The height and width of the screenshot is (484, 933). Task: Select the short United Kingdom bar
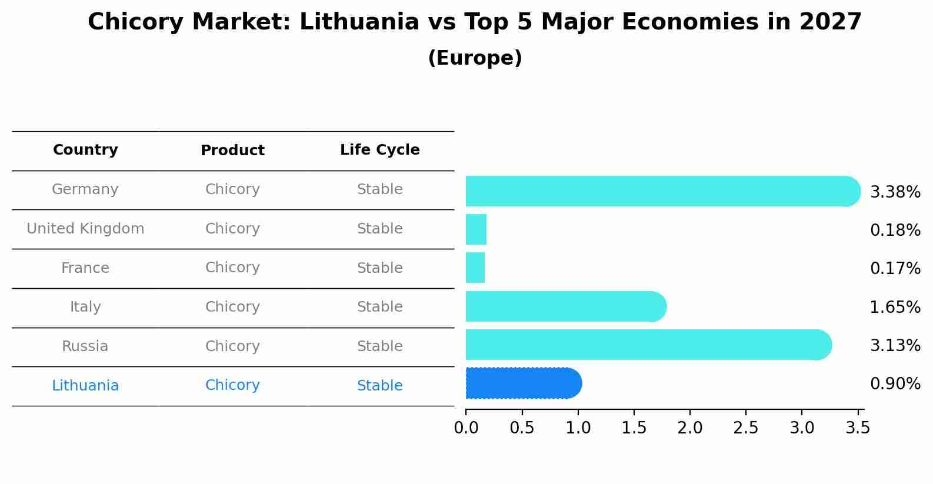pos(476,229)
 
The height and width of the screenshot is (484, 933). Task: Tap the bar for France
pos(475,268)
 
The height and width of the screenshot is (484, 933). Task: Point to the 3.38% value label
pos(895,192)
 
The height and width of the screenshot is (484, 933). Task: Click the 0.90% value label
pos(895,384)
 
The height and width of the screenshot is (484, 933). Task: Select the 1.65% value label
pos(895,307)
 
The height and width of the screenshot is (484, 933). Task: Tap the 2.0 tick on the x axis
pos(690,428)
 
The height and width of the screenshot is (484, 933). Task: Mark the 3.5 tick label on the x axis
pos(858,428)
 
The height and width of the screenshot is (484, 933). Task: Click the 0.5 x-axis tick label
pos(522,428)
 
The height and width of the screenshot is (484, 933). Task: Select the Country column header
pos(85,150)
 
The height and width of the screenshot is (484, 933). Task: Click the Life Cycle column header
pos(380,150)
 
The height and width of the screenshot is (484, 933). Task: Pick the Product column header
pos(232,151)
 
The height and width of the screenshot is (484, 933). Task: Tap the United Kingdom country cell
pos(85,229)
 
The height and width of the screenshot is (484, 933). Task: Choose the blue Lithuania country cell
pos(85,386)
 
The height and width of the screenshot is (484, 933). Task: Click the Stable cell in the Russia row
pos(380,346)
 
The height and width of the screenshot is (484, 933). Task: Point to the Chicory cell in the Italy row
pos(232,307)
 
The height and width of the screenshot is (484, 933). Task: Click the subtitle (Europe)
pos(475,58)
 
